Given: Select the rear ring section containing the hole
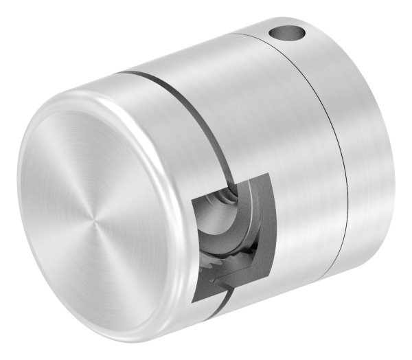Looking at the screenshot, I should (357, 137).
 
